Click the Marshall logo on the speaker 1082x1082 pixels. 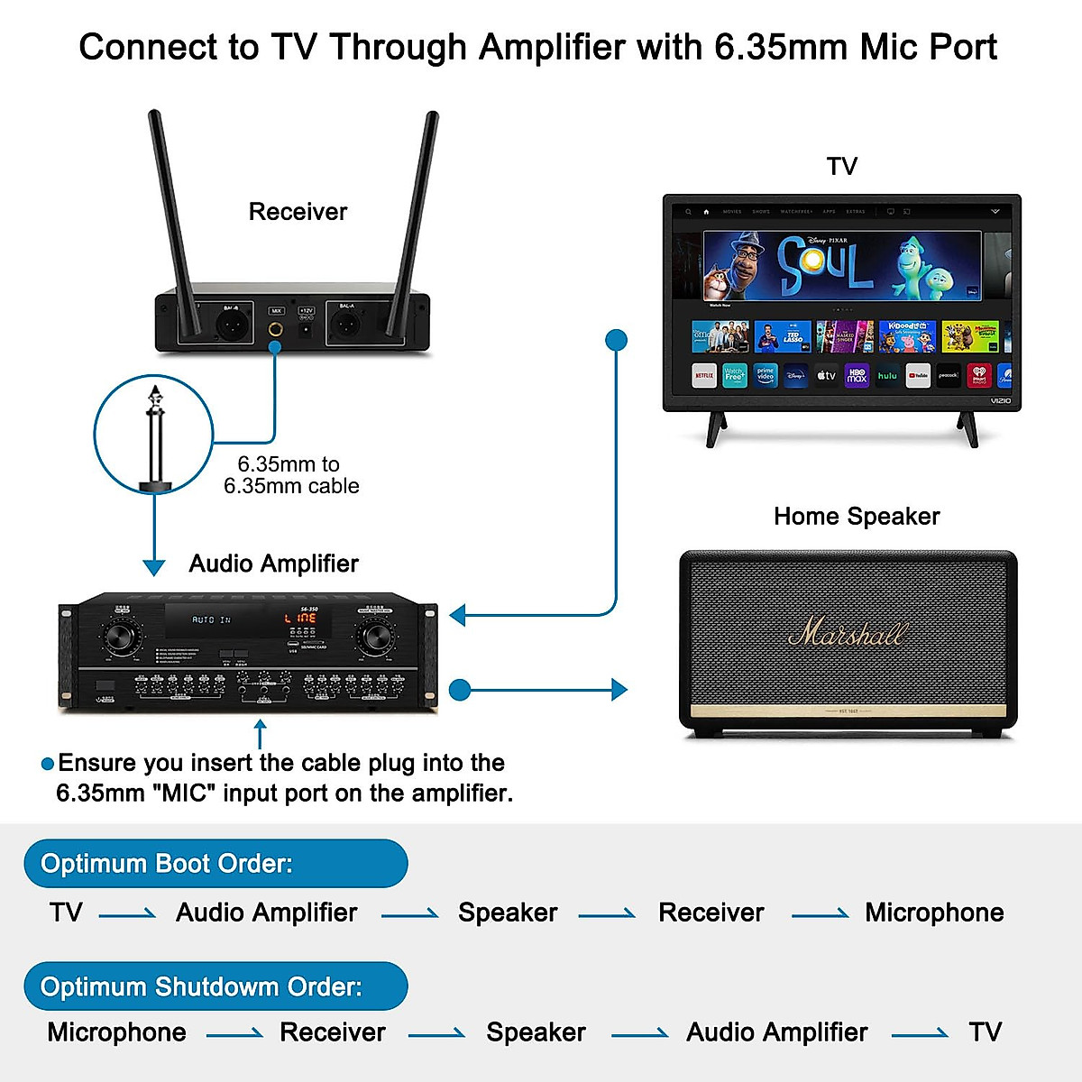click(x=848, y=631)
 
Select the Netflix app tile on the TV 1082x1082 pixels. click(x=704, y=375)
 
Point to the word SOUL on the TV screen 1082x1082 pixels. click(x=824, y=266)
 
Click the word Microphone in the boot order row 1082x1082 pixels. click(x=934, y=912)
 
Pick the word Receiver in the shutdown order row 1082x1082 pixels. click(x=333, y=1032)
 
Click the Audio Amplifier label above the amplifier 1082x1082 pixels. click(x=273, y=564)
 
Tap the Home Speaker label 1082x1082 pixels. click(x=857, y=516)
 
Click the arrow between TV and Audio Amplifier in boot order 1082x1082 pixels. click(x=127, y=915)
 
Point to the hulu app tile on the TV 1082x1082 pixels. click(x=887, y=375)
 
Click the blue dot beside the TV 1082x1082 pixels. click(x=617, y=340)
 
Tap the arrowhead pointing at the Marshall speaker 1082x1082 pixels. click(x=619, y=690)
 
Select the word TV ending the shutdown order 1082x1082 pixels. click(x=985, y=1032)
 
